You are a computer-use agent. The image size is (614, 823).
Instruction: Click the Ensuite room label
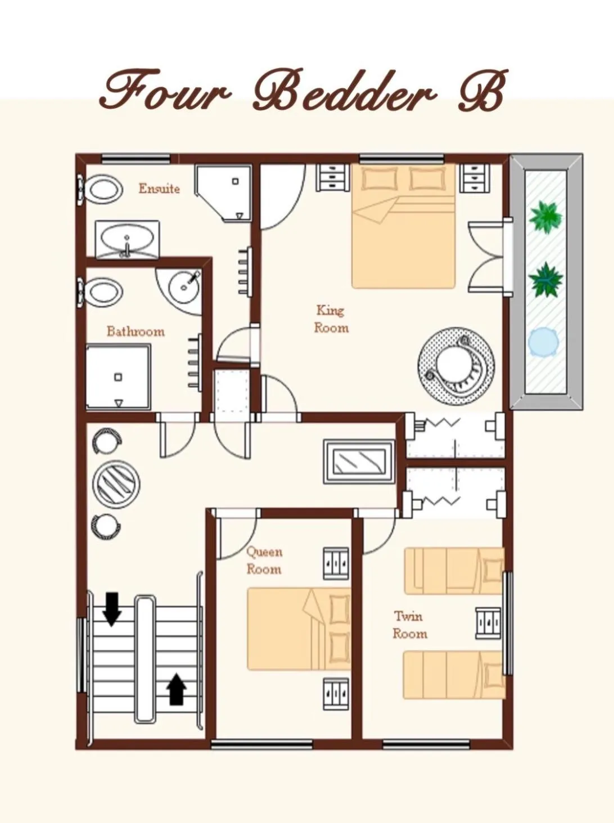pyautogui.click(x=159, y=188)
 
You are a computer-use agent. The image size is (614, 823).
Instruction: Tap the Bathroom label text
pyautogui.click(x=136, y=331)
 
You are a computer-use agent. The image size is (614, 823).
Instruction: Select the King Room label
pyautogui.click(x=331, y=319)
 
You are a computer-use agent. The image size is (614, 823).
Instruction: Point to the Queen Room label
pyautogui.click(x=264, y=560)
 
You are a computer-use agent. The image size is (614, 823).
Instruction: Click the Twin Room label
pyautogui.click(x=409, y=625)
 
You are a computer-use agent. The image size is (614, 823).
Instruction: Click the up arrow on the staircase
pyautogui.click(x=176, y=688)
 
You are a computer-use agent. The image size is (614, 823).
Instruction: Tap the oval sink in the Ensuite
pyautogui.click(x=127, y=240)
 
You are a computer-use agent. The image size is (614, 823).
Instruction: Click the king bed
pyautogui.click(x=403, y=226)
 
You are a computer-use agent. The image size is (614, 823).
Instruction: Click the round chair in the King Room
pyautogui.click(x=456, y=366)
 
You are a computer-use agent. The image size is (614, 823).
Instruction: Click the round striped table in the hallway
pyautogui.click(x=116, y=484)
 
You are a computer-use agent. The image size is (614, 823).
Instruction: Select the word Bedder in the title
pyautogui.click(x=345, y=91)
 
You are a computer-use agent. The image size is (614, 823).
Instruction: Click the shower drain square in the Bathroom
pyautogui.click(x=118, y=377)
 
